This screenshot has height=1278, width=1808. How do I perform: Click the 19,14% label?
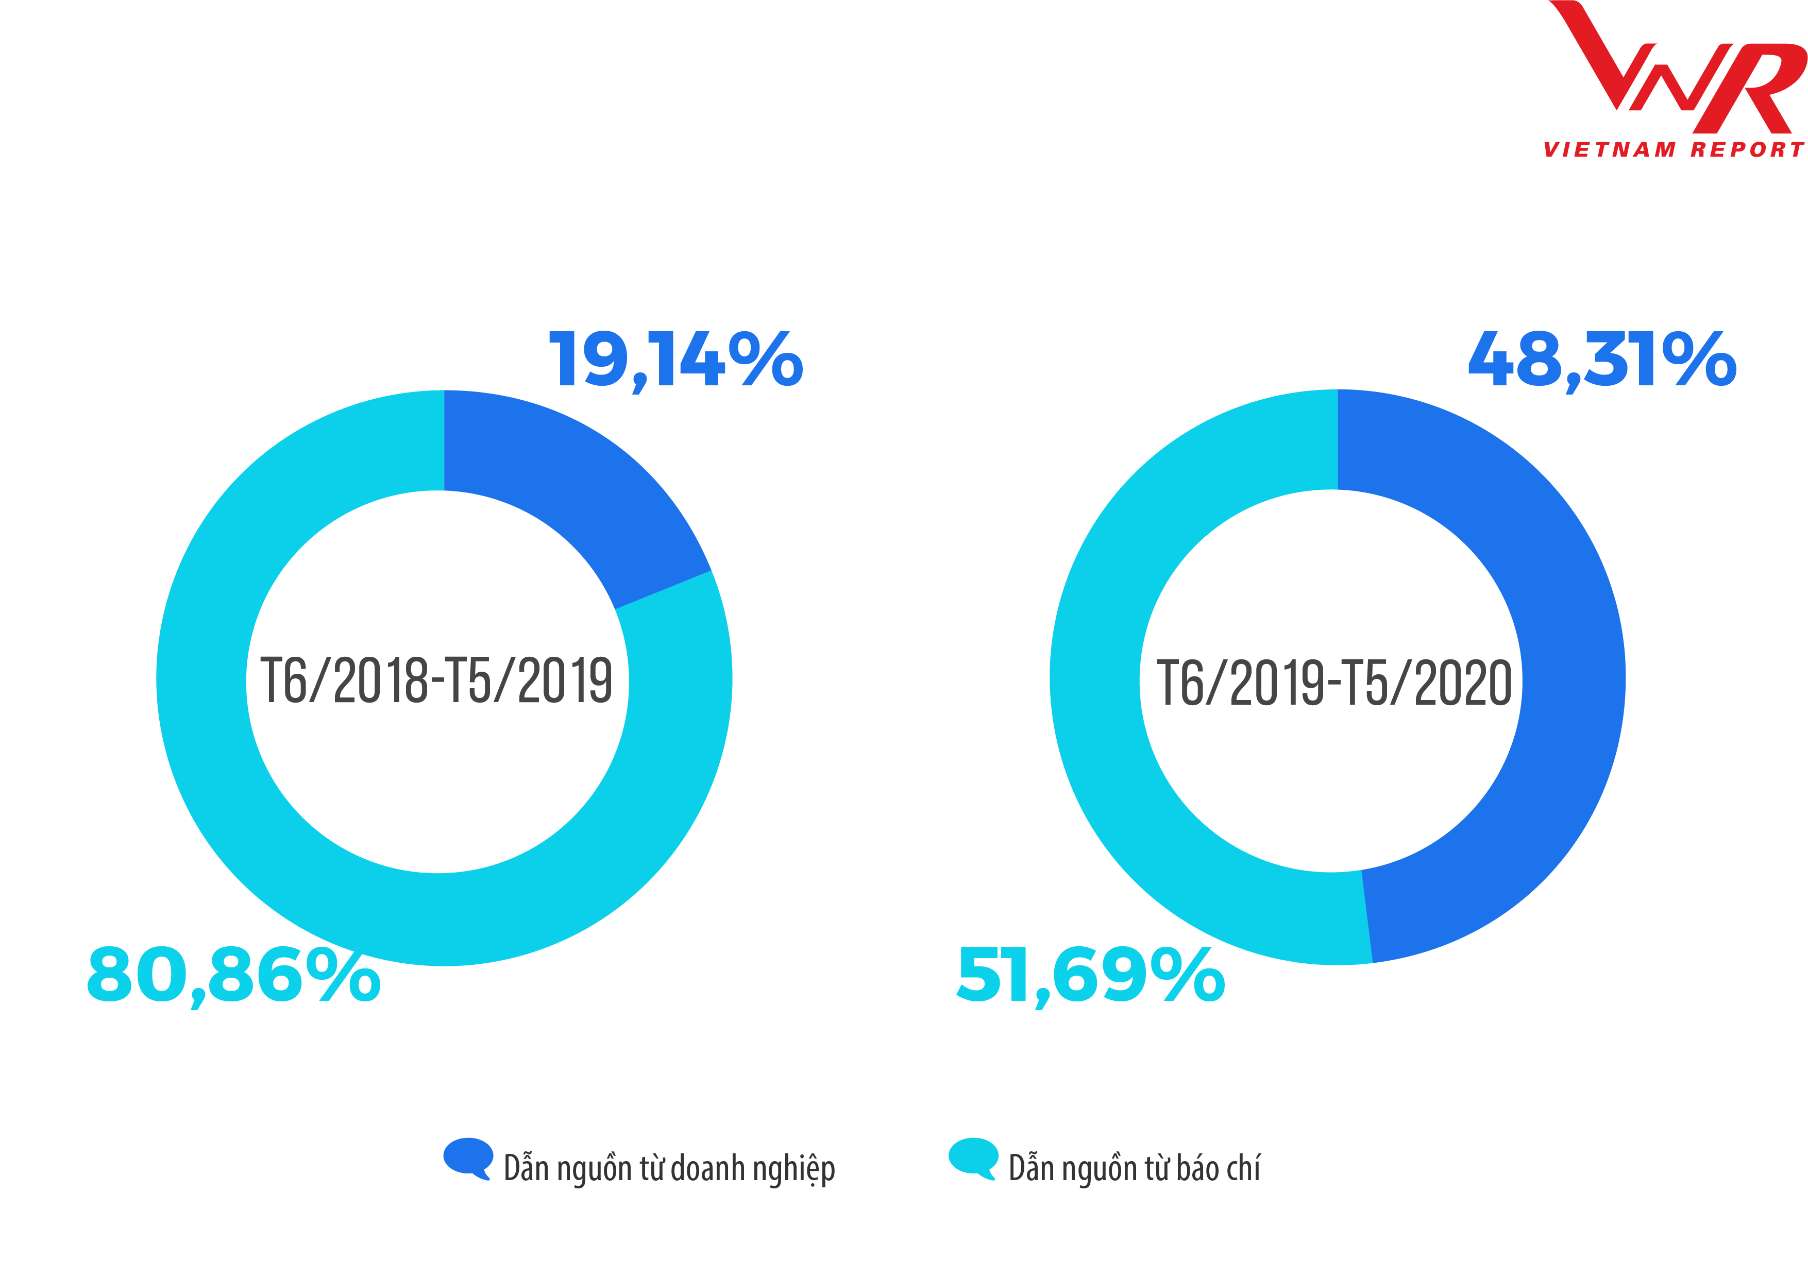coord(675,360)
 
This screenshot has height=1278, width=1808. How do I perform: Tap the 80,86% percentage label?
coord(234,975)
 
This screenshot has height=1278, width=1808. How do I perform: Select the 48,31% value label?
coord(1602,360)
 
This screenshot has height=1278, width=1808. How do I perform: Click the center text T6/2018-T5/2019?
coord(436,680)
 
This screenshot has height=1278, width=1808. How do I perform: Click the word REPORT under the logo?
coord(1747,149)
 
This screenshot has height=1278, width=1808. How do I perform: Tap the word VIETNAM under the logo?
coord(1609,149)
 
